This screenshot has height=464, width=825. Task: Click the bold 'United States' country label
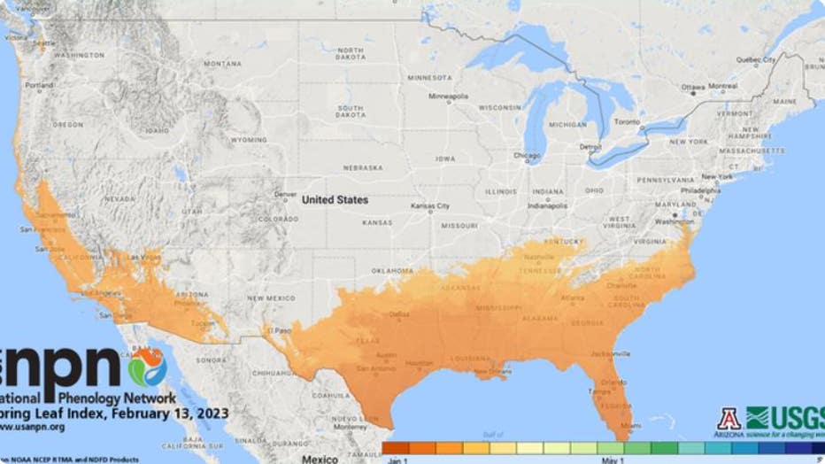[x=335, y=200]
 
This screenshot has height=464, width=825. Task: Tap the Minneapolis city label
[x=449, y=96]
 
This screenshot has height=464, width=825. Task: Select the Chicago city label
[x=527, y=156]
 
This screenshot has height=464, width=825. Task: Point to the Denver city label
[x=286, y=195]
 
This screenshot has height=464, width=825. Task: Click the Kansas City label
[x=430, y=205]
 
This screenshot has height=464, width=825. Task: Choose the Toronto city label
[x=627, y=121]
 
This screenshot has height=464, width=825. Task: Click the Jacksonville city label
[x=610, y=352]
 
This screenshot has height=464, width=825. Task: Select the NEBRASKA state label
[x=363, y=167]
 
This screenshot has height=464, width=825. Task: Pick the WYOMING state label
[x=248, y=140]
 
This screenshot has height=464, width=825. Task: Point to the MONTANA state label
[x=222, y=64]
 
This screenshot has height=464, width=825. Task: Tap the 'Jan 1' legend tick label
[x=397, y=460]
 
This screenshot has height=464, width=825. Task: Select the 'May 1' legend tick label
[x=613, y=460]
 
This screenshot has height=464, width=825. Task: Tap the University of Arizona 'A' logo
[x=729, y=419]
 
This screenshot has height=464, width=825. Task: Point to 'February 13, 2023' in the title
[x=173, y=414]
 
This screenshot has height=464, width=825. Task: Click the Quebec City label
[x=756, y=59]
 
